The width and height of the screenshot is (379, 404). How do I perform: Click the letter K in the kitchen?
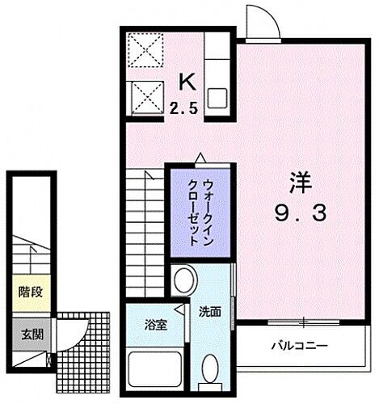click(x=186, y=82)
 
